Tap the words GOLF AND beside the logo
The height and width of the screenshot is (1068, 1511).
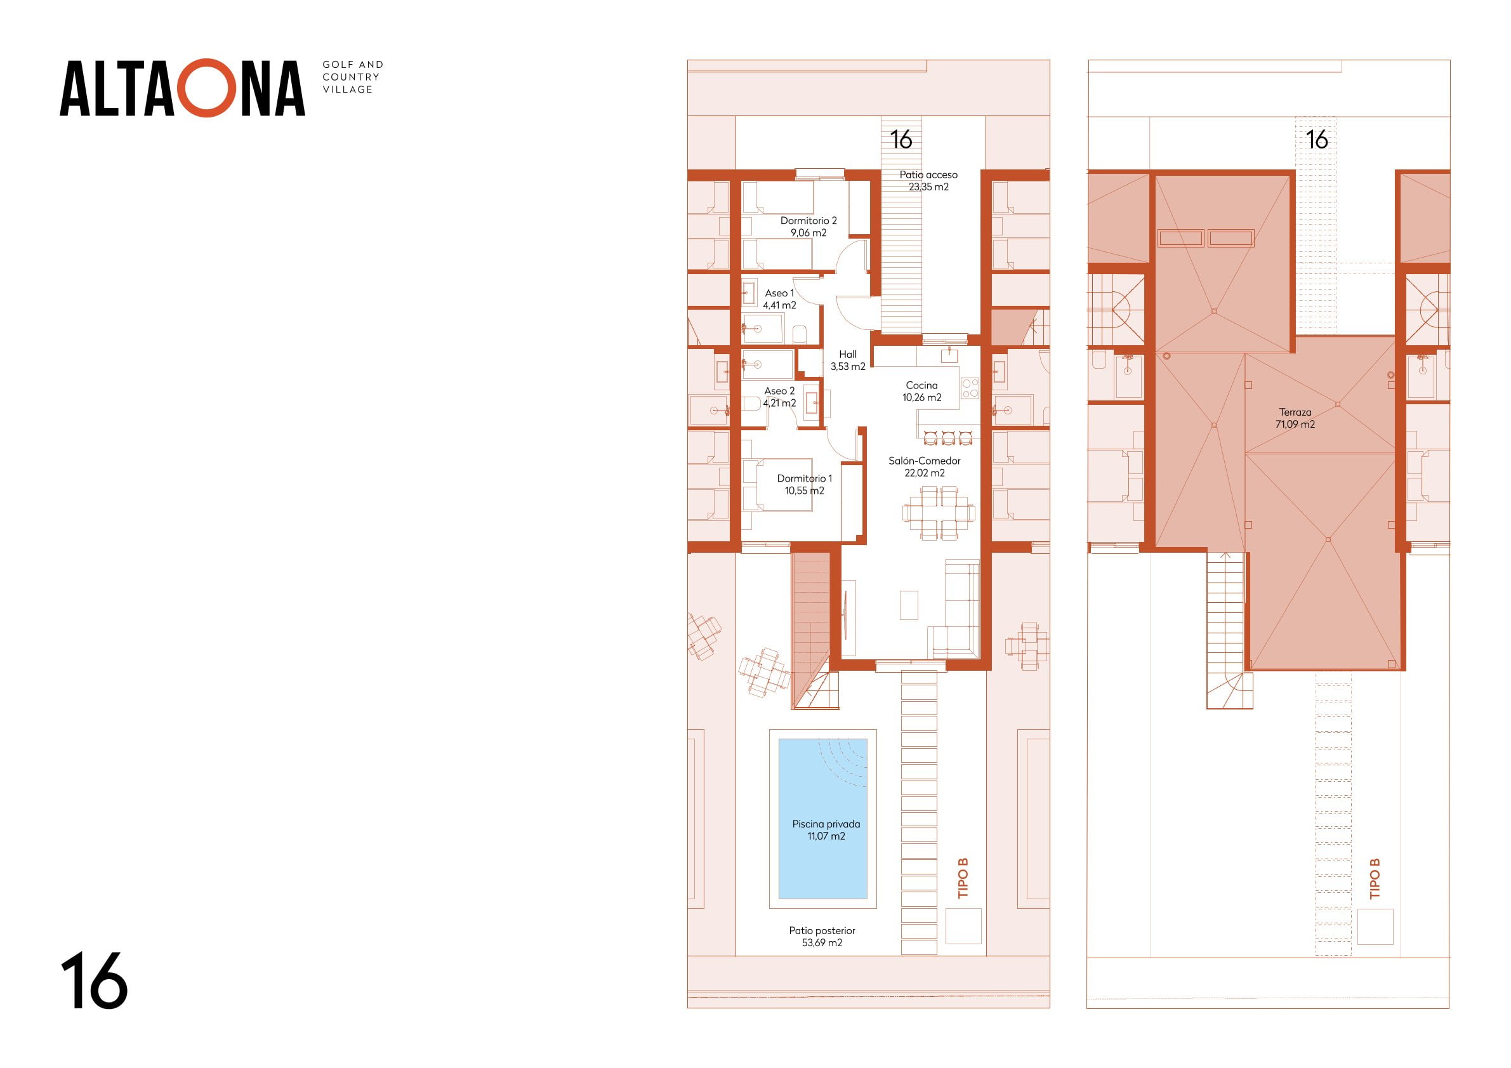(x=353, y=65)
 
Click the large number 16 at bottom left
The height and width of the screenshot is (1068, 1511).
(x=94, y=980)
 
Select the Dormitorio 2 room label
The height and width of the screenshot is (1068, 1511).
(x=808, y=227)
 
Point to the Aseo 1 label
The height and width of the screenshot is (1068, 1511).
(x=779, y=299)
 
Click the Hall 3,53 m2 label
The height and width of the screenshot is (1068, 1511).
(x=848, y=360)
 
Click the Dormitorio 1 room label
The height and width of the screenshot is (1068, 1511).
(x=804, y=484)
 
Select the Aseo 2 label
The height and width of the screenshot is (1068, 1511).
(x=779, y=397)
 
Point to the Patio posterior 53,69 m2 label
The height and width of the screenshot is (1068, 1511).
(x=822, y=937)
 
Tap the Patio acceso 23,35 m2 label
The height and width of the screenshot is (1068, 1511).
(x=928, y=180)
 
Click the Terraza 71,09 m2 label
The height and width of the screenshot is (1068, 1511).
(x=1295, y=418)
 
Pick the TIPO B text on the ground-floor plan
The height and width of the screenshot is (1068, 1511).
(x=963, y=878)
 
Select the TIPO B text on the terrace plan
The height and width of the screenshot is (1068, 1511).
(x=1374, y=878)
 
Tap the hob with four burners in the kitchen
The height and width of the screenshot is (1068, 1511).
(x=970, y=388)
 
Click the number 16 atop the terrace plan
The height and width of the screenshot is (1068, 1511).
(x=1317, y=140)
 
